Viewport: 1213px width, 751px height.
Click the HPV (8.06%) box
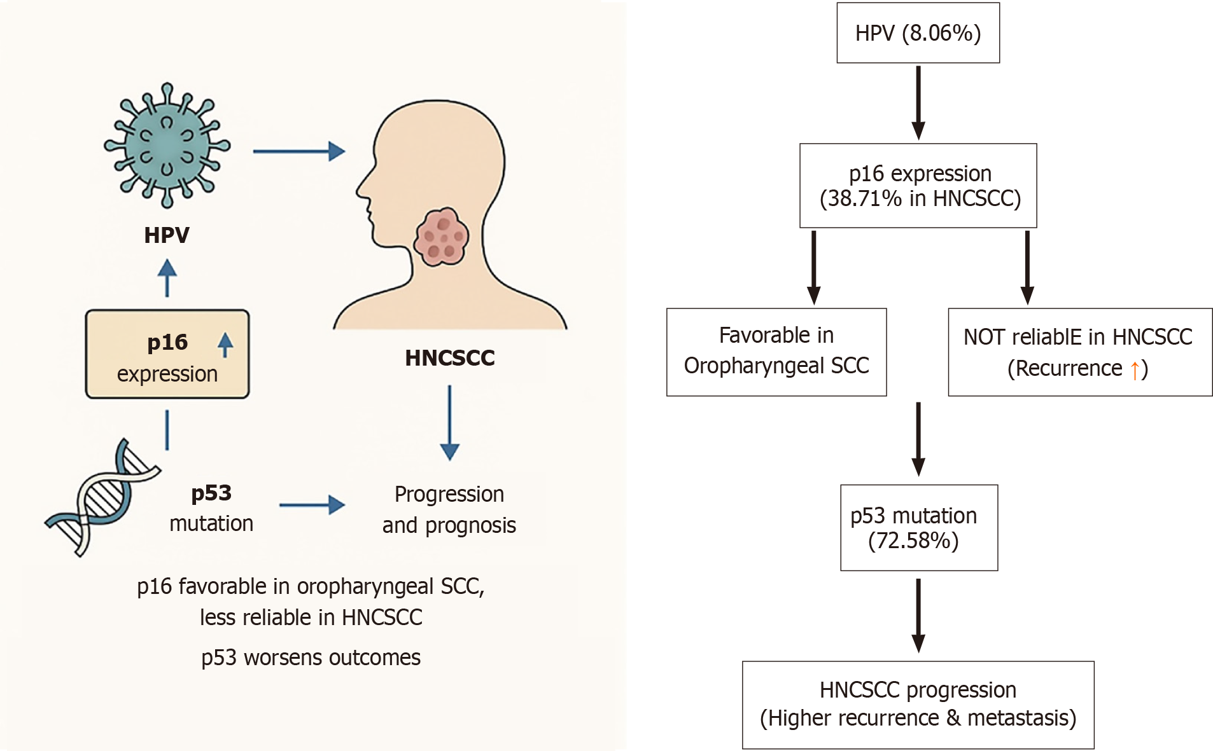pyautogui.click(x=918, y=33)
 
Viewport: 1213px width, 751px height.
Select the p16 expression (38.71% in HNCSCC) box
pyautogui.click(x=918, y=186)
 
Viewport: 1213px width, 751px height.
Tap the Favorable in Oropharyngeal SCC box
pyautogui.click(x=776, y=352)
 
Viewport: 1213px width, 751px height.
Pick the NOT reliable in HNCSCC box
pyautogui.click(x=1079, y=352)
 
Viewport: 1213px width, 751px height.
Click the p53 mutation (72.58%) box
pyautogui.click(x=918, y=527)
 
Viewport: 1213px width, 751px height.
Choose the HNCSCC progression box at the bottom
pyautogui.click(x=918, y=705)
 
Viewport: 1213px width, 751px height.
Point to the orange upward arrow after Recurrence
pyautogui.click(x=1134, y=369)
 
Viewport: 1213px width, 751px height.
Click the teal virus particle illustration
pyautogui.click(x=167, y=146)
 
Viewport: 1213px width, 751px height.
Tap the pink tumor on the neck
pyautogui.click(x=442, y=237)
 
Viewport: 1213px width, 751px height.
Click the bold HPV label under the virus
pyautogui.click(x=167, y=235)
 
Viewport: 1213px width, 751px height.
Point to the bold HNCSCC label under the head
pyautogui.click(x=449, y=358)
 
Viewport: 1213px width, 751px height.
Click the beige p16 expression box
pyautogui.click(x=167, y=354)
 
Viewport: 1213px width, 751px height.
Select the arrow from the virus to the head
pyautogui.click(x=298, y=151)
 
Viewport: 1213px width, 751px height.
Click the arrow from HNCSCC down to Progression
pyautogui.click(x=449, y=422)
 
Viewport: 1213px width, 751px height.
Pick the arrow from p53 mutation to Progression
pyautogui.click(x=312, y=506)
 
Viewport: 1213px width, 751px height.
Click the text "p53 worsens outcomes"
pyautogui.click(x=311, y=658)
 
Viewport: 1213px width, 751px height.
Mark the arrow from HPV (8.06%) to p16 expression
pyautogui.click(x=918, y=102)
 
